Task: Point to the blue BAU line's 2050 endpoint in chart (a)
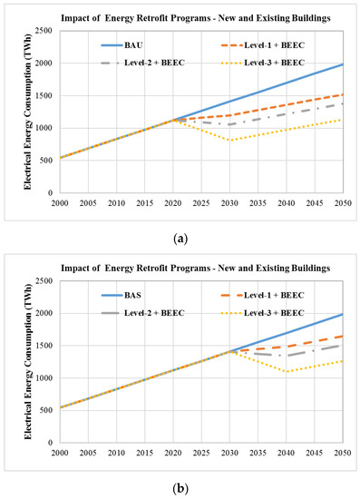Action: [342, 64]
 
